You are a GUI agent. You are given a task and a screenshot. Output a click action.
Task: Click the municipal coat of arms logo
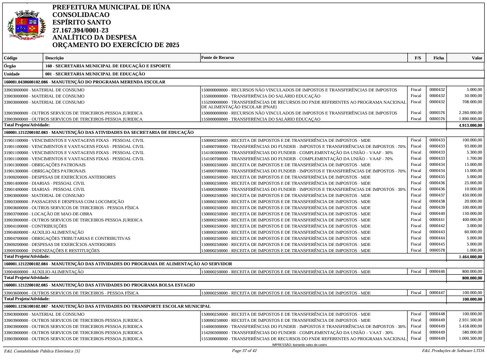coord(27,26)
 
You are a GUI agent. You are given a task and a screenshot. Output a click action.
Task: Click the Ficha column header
coord(438,58)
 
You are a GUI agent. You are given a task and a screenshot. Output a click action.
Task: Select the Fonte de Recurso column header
coord(217,58)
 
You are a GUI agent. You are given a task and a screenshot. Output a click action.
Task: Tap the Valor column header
coord(477,58)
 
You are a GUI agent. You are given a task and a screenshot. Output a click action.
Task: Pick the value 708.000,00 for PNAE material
coord(472,101)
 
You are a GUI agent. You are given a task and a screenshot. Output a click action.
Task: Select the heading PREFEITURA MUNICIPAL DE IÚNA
coord(111,8)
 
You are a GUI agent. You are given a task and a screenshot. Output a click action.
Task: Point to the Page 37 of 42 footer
coord(244,351)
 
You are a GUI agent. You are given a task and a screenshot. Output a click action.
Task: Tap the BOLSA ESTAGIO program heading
coord(99,285)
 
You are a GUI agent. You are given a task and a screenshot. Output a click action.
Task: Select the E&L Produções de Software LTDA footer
coord(453,351)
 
